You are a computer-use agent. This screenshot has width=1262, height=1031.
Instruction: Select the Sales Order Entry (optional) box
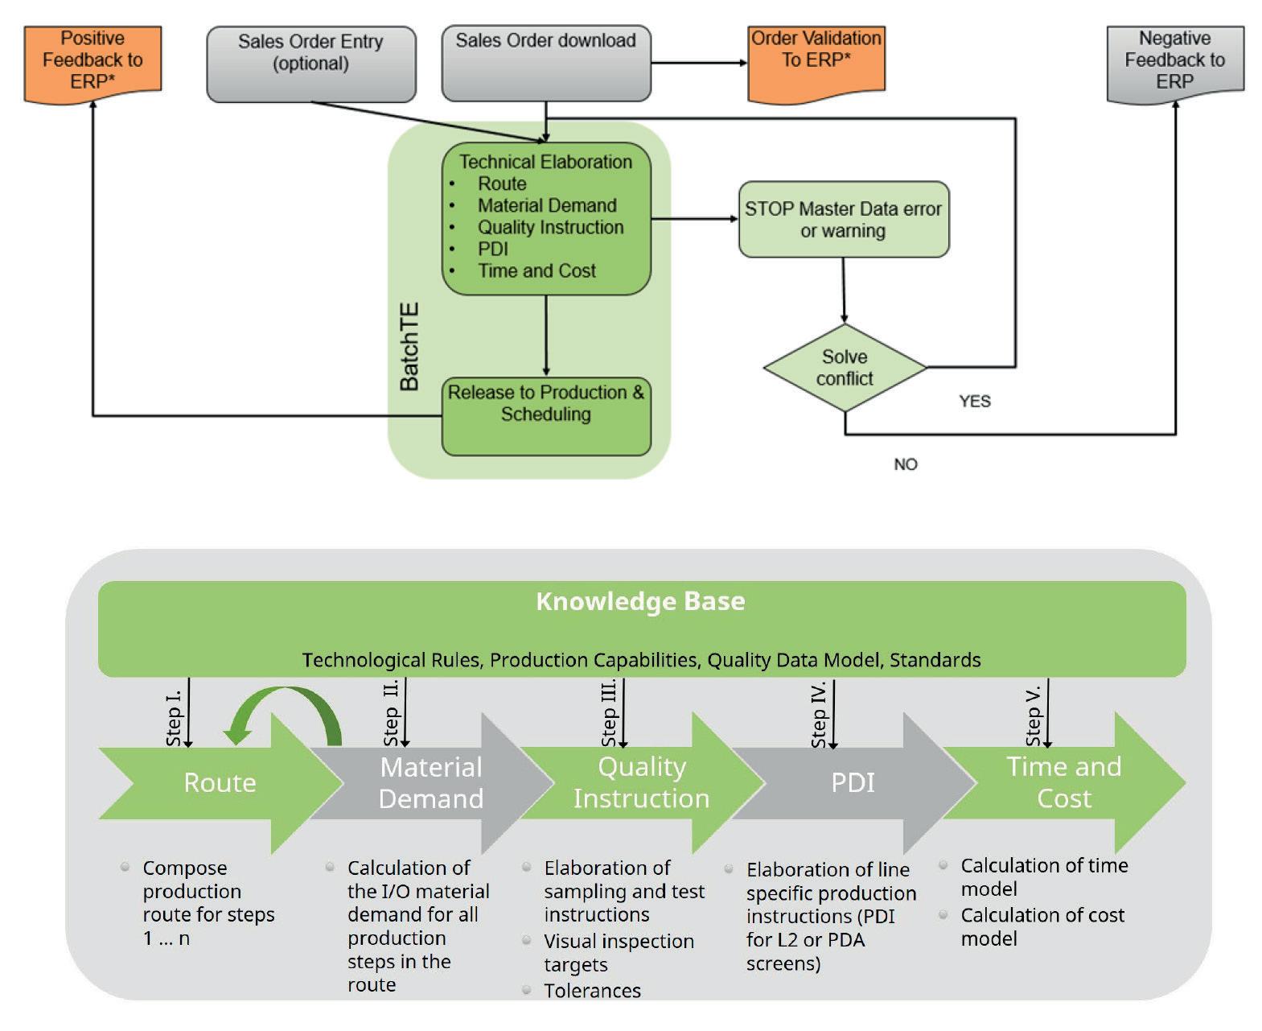pyautogui.click(x=311, y=63)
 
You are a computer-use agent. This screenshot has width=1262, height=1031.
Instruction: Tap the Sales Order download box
pyautogui.click(x=546, y=63)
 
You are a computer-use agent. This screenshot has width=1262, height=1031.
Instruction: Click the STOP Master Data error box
pyautogui.click(x=844, y=220)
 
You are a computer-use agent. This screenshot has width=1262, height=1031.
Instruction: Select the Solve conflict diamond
pyautogui.click(x=845, y=368)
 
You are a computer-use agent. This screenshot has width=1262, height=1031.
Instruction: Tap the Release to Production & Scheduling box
pyautogui.click(x=546, y=415)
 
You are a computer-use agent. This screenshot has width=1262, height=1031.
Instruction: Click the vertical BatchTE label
pyautogui.click(x=409, y=347)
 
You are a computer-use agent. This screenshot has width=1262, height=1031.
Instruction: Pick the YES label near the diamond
pyautogui.click(x=975, y=402)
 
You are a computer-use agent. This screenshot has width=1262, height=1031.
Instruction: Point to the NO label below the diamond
pyautogui.click(x=906, y=464)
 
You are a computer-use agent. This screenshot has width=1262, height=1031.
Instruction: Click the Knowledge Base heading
pyautogui.click(x=640, y=602)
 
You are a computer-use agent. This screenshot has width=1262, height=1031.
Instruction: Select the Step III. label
pyautogui.click(x=610, y=713)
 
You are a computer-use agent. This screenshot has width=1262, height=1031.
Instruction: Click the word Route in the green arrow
pyautogui.click(x=220, y=782)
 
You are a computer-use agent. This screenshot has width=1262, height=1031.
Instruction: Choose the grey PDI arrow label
pyautogui.click(x=853, y=782)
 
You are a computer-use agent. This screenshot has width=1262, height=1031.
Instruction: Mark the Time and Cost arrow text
pyautogui.click(x=1063, y=782)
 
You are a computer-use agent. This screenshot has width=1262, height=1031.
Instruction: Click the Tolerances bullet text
pyautogui.click(x=592, y=991)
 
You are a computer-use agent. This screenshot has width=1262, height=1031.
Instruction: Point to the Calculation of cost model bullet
pyautogui.click(x=1042, y=926)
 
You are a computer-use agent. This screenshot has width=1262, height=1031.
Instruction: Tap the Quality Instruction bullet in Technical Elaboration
pyautogui.click(x=550, y=228)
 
